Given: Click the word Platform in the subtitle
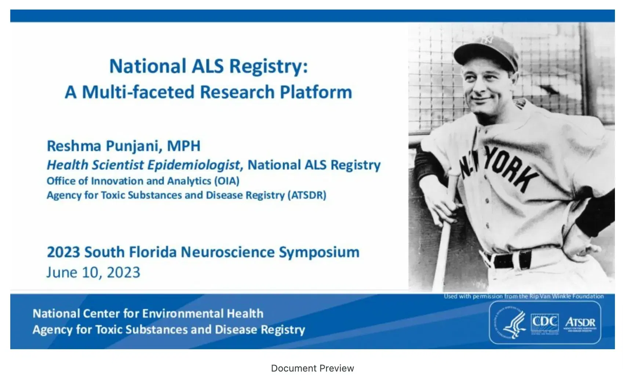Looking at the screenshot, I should tap(316, 92).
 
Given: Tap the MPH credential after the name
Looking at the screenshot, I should tap(183, 146).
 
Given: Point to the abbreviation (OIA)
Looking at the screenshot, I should tap(227, 181).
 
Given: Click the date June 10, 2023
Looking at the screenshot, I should tap(93, 272).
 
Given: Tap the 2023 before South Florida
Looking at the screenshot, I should tap(63, 252).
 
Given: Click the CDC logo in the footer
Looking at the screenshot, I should tap(544, 322).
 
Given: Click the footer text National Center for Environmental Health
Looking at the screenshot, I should tap(148, 314).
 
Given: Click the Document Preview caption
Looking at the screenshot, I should tap(312, 368).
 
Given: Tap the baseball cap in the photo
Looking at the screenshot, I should tap(486, 49).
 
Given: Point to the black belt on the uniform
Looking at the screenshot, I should tap(510, 260).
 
